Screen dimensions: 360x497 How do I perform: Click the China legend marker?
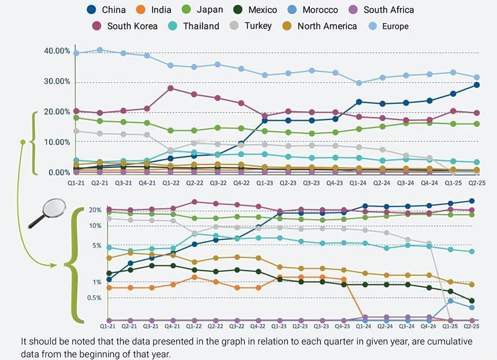pos(92,10)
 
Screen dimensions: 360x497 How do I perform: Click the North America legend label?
pos(327,26)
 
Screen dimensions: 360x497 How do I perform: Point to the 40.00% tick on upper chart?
pos(56,51)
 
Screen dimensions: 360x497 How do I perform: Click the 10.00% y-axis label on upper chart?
pos(56,142)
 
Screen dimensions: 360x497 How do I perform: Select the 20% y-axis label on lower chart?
pos(95,210)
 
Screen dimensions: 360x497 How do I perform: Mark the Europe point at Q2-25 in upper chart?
pos(477,77)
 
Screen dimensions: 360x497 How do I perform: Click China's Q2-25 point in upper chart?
pos(477,85)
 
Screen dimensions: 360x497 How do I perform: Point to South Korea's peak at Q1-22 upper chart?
pos(170,88)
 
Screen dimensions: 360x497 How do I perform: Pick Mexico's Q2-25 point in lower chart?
pos(472,301)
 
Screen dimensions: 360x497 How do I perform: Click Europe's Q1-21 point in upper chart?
pos(76,53)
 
